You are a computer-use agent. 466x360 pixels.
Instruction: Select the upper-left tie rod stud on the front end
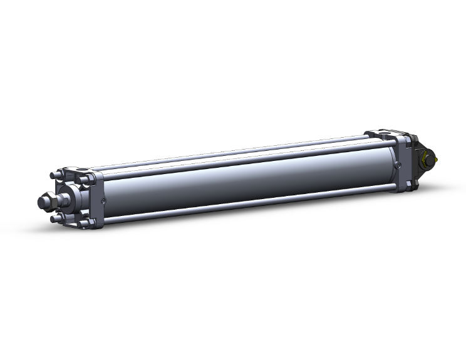(54, 175)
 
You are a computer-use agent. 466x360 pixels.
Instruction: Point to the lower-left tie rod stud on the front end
(56, 219)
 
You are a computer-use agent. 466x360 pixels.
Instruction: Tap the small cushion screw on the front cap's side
(103, 200)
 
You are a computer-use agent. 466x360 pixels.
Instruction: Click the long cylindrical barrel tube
(251, 178)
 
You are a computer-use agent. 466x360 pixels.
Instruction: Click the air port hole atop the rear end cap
(383, 133)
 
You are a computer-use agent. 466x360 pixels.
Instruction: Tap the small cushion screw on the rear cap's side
(398, 165)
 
